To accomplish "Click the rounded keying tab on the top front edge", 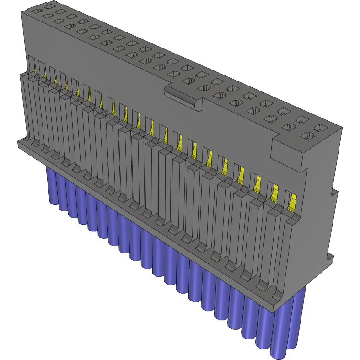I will tap(182, 97).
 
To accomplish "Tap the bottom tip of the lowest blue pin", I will tap(279, 355).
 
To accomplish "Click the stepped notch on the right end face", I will tap(333, 192).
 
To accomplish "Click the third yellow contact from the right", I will tap(257, 183).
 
